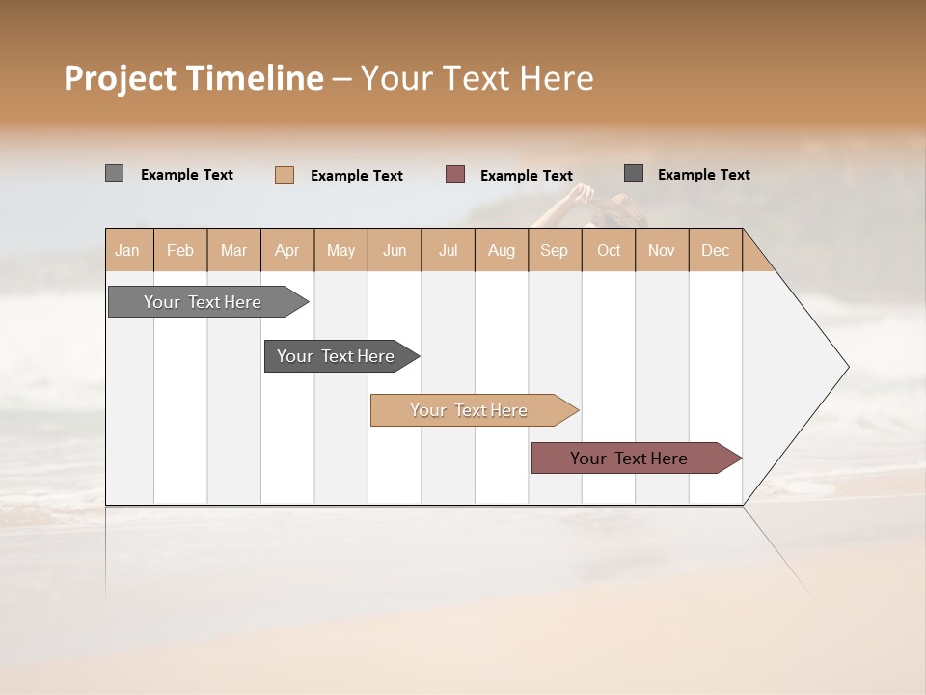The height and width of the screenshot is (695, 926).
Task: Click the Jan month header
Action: [127, 250]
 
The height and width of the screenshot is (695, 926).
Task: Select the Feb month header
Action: [180, 250]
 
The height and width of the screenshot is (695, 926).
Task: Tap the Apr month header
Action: [286, 250]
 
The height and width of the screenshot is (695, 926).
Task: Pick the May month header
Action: [340, 250]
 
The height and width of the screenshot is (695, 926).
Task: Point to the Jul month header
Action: [448, 250]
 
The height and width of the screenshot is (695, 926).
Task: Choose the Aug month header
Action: [501, 250]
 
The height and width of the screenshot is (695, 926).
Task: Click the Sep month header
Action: [554, 250]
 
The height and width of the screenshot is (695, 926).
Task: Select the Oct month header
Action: [609, 250]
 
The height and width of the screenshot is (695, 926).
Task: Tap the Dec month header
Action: [715, 250]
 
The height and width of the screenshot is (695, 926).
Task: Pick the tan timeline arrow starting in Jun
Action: [470, 410]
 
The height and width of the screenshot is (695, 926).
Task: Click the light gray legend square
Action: [114, 174]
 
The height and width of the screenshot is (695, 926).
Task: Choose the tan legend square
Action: [285, 175]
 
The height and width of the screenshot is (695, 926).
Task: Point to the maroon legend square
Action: [455, 174]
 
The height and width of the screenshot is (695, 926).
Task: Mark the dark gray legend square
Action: [634, 174]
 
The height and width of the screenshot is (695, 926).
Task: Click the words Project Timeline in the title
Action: [193, 78]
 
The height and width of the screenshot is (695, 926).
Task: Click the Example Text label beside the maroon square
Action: [527, 176]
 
